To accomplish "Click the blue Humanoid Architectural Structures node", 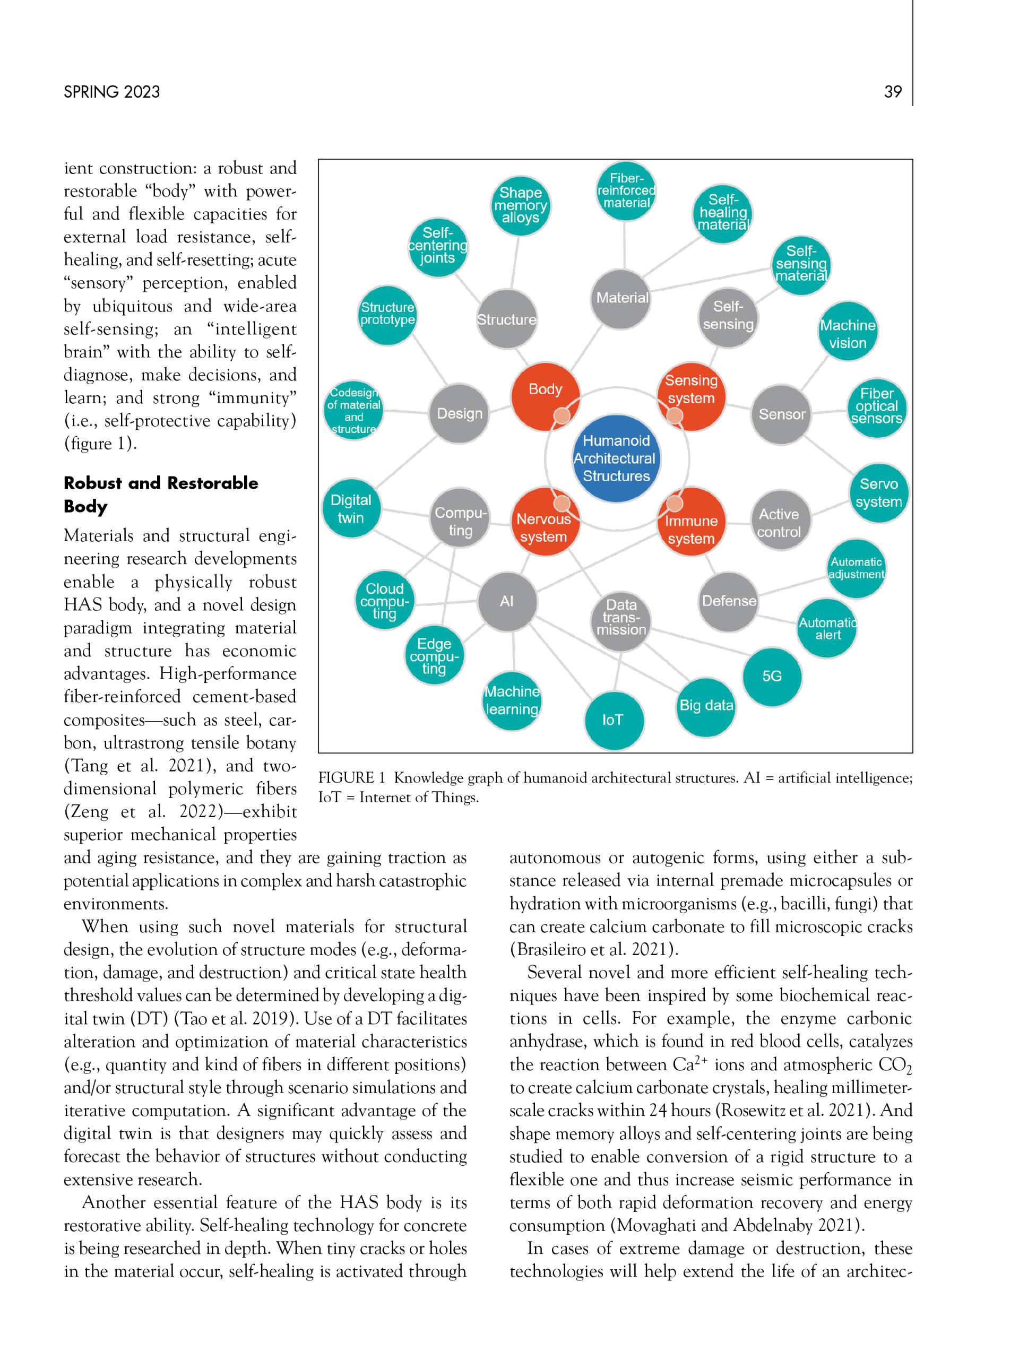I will [616, 458].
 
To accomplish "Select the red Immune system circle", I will [690, 525].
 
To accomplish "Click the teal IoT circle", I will [613, 720].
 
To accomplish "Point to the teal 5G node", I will [772, 677].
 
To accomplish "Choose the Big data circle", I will [706, 706].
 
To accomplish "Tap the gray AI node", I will [507, 601].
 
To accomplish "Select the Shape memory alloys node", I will [520, 205].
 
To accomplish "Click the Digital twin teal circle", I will [351, 509].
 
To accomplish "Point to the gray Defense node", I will [729, 601].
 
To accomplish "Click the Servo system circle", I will [878, 493].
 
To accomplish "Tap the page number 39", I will [893, 92].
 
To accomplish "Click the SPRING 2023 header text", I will [111, 92].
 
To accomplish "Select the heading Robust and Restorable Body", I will [160, 494].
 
